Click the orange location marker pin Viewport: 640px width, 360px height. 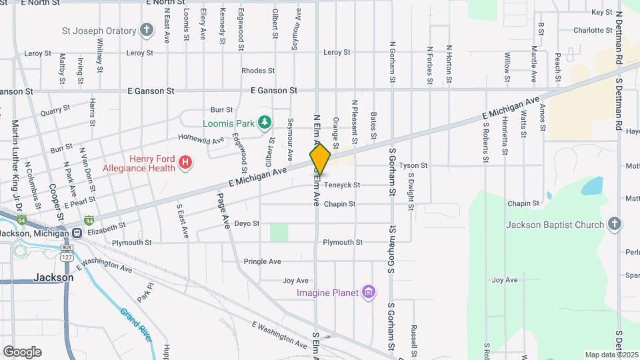coord(321,159)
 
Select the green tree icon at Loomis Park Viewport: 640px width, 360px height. coord(265,122)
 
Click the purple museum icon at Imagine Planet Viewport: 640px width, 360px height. coord(368,292)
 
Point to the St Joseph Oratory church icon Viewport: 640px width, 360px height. coord(147,30)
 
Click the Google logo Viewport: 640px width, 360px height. coord(22,352)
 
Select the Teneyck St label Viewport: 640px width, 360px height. coord(342,185)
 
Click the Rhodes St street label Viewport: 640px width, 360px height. coord(258,70)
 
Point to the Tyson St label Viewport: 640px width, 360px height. coord(413,165)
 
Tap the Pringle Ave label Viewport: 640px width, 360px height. coord(262,261)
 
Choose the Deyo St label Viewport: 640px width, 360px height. coord(247,223)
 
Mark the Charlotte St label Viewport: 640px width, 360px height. coord(592,30)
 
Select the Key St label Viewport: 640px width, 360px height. coord(601,12)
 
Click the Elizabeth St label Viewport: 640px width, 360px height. coord(106,227)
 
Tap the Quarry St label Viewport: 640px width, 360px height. coord(55,111)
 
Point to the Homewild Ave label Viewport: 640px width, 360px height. coord(201,140)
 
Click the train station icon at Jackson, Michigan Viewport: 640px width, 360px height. coord(77,233)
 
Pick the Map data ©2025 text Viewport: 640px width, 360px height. coord(611,355)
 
